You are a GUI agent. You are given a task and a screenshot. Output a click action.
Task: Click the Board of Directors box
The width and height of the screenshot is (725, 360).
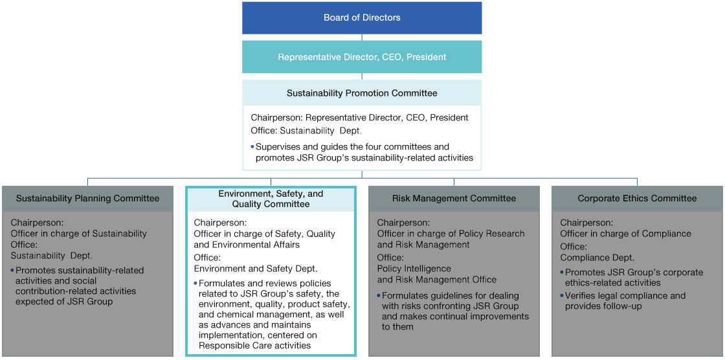point(362,18)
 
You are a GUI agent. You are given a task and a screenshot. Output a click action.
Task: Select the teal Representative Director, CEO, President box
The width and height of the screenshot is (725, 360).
point(362,57)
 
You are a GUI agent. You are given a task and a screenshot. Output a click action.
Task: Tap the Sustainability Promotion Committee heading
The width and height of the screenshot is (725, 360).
point(362,93)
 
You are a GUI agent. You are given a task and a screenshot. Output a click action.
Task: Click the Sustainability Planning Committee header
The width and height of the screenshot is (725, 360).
point(88,199)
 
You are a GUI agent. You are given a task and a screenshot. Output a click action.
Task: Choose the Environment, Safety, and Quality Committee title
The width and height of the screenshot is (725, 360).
point(271,199)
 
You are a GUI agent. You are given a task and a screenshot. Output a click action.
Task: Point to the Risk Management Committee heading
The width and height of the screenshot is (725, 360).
point(454,199)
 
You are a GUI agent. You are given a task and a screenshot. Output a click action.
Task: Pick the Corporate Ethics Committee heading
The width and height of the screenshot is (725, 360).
point(637,199)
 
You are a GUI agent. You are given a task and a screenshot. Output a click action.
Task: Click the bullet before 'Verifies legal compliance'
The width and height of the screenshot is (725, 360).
point(563,295)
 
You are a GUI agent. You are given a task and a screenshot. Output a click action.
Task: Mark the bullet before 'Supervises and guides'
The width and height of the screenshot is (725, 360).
point(252,147)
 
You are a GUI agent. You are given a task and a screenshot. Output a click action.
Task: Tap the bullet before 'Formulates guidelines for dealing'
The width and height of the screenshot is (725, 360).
point(379,295)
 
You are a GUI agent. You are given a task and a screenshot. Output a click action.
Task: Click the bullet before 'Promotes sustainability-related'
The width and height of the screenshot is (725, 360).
point(13,270)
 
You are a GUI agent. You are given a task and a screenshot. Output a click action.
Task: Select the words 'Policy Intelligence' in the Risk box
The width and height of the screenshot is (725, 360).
point(414,268)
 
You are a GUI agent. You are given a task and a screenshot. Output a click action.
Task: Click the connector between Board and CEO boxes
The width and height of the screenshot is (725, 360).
point(362,38)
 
